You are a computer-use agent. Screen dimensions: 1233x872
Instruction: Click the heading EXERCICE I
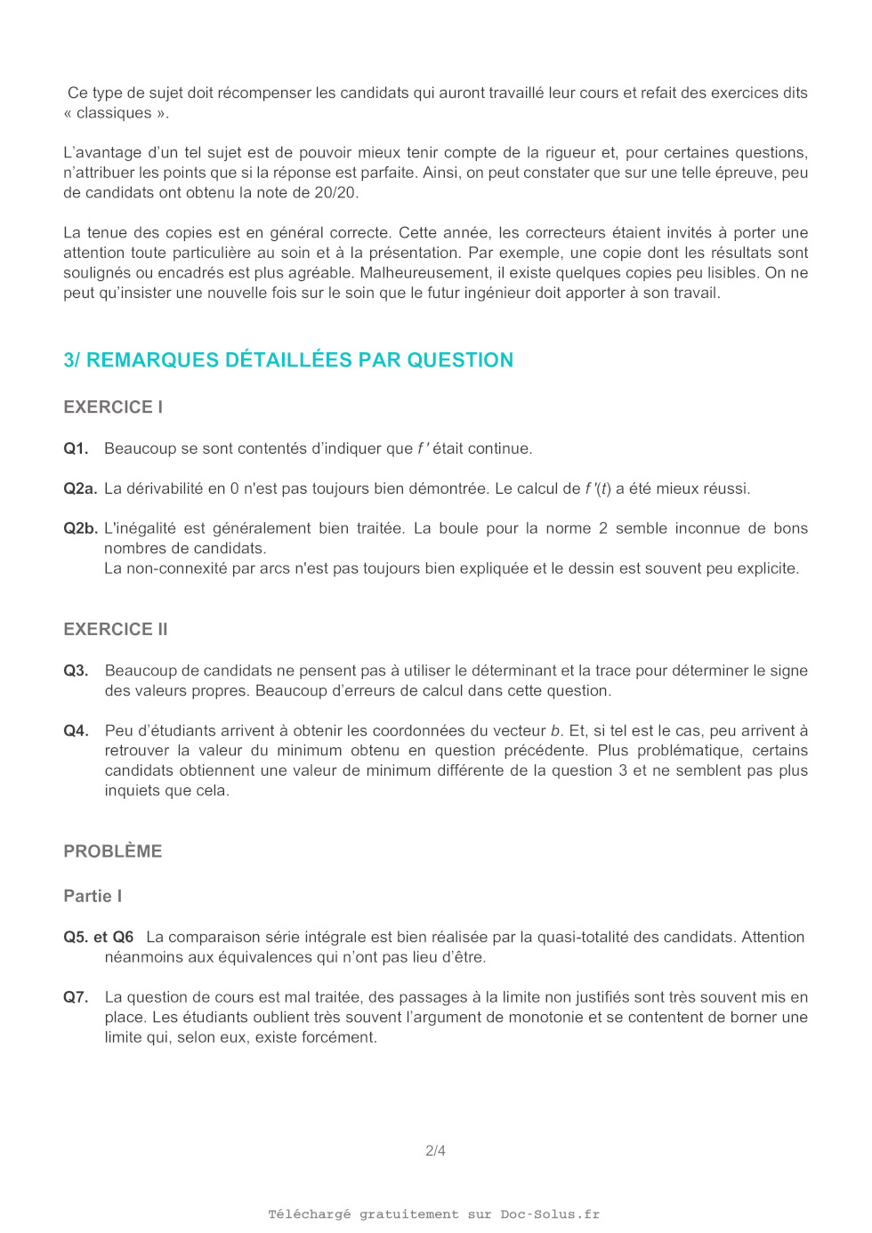click(113, 407)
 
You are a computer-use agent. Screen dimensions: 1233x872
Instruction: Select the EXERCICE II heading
click(116, 629)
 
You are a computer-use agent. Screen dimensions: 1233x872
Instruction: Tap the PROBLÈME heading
click(113, 851)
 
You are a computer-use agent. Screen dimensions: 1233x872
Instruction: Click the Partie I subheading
click(93, 896)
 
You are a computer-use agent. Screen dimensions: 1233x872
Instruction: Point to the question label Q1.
click(76, 448)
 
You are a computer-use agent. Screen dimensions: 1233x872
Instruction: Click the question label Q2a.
click(80, 488)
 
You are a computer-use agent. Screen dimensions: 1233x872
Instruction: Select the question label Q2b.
click(80, 528)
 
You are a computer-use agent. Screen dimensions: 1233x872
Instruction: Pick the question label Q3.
click(76, 671)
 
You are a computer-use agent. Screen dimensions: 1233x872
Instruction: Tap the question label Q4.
click(76, 730)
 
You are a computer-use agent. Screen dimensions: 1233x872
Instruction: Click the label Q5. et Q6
click(99, 937)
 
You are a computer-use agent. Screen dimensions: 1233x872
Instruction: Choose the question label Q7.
click(76, 997)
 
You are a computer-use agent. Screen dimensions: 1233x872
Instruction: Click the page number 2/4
click(435, 1150)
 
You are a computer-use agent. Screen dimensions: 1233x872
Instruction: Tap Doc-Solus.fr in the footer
click(550, 1214)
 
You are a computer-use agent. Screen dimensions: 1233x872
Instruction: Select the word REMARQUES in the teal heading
click(152, 359)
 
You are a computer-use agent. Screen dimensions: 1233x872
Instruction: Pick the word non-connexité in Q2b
click(177, 568)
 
